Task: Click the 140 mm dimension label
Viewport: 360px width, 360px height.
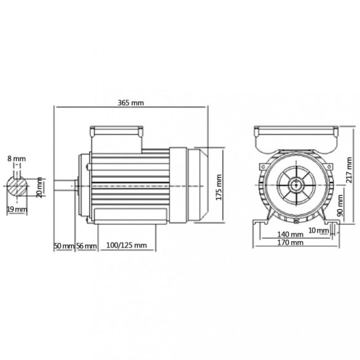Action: (289, 235)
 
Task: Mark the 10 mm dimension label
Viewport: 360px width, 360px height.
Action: (319, 230)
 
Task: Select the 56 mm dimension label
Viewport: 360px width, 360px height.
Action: (87, 246)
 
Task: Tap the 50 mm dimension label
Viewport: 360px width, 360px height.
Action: (63, 246)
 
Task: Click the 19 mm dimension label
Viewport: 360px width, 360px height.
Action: (19, 209)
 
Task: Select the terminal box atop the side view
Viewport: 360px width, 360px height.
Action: (118, 132)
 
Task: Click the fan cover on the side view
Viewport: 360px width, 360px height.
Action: (197, 183)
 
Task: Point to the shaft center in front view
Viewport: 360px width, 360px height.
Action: (297, 183)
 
